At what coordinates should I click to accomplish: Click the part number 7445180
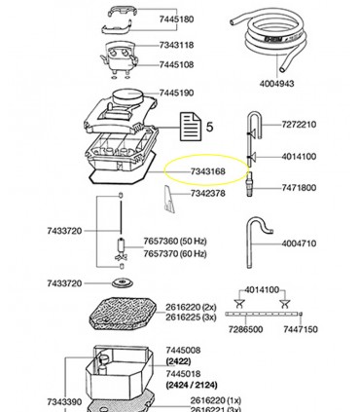[176, 19]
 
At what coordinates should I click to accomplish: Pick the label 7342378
[208, 194]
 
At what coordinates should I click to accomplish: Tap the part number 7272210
[299, 125]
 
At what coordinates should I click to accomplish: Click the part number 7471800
[299, 187]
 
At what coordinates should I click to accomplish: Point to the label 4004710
[299, 243]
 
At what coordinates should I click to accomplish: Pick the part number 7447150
[300, 330]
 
